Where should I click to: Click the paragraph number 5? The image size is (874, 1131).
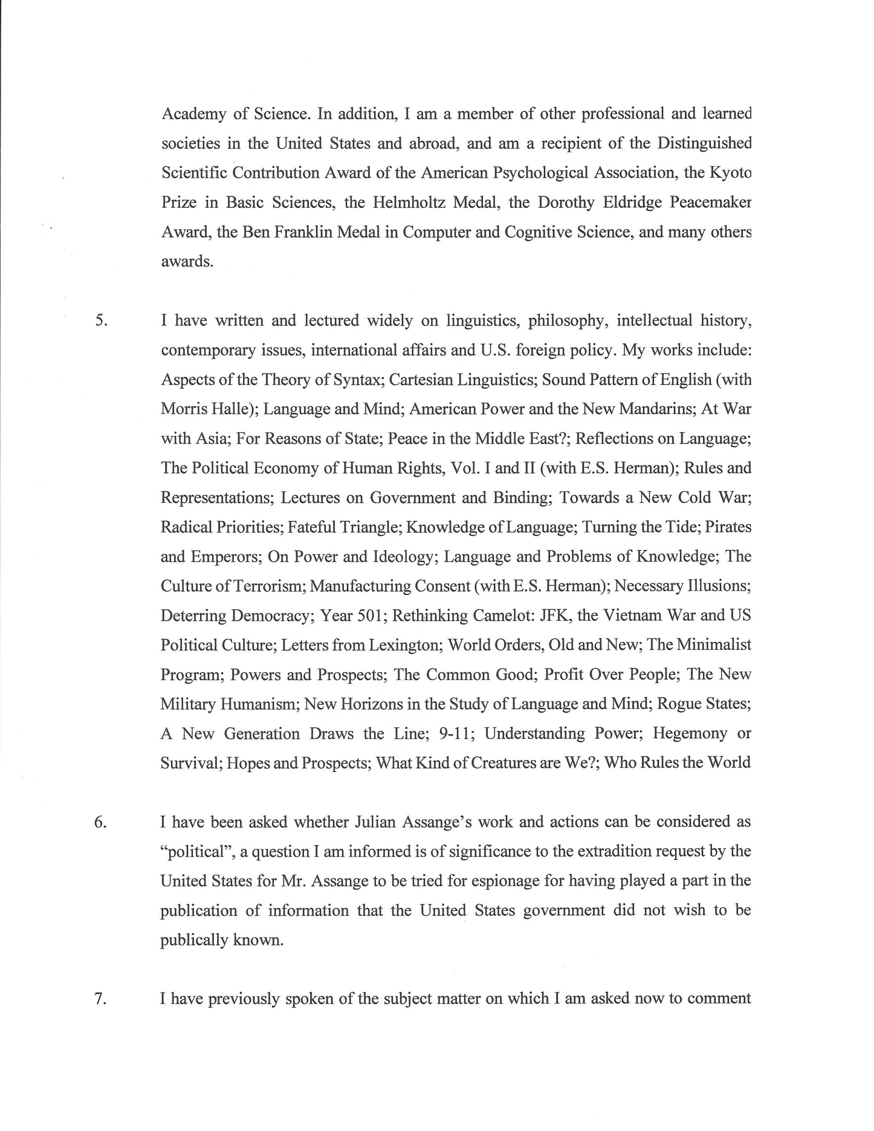point(101,321)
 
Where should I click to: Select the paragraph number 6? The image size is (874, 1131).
point(100,822)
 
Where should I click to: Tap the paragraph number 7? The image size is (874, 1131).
point(100,998)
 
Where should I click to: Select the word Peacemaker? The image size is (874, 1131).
point(710,202)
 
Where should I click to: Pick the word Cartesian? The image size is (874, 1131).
point(425,380)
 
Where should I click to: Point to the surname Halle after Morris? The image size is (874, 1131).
point(233,409)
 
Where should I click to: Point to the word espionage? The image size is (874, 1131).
point(503,881)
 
